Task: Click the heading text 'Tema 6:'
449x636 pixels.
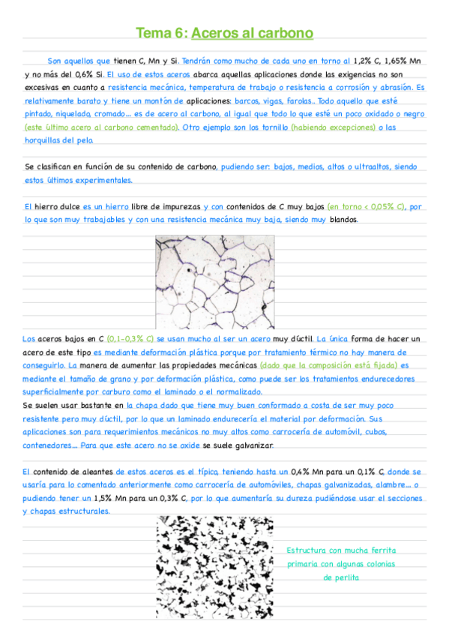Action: pos(161,33)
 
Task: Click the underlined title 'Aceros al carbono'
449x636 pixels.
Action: pos(252,33)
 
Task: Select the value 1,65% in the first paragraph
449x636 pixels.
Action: pos(392,61)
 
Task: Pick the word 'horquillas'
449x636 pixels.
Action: pos(46,140)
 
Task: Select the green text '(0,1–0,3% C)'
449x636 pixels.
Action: pos(130,339)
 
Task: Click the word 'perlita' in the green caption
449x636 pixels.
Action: pos(341,577)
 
